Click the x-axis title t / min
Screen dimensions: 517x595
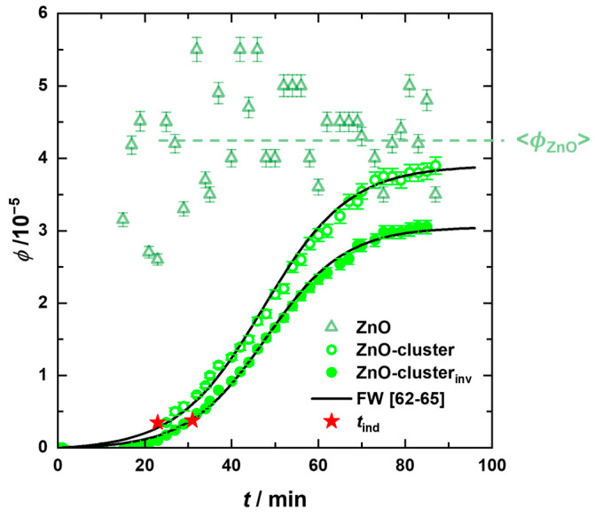tap(274, 499)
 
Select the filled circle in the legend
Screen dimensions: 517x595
tap(331, 381)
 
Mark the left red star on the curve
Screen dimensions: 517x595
tap(157, 422)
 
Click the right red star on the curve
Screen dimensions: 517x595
tap(192, 420)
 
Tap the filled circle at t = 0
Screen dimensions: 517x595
tap(61, 447)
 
